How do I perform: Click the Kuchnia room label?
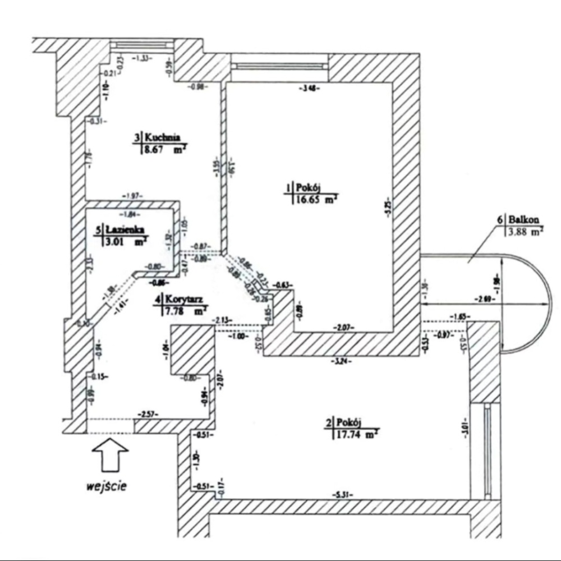162,136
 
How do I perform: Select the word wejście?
106,486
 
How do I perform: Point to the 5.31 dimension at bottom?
342,495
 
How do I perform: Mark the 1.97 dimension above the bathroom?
132,195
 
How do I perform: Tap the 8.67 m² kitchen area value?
165,149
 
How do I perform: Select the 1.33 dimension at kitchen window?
142,58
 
